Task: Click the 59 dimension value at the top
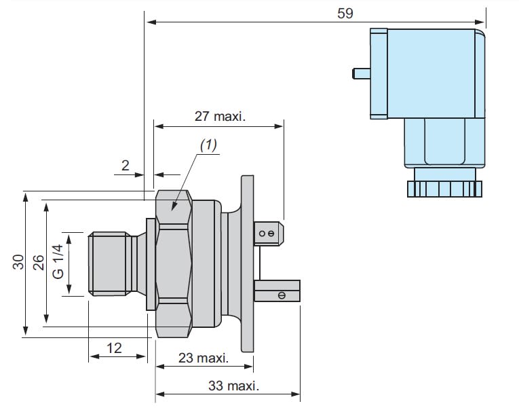[345, 13]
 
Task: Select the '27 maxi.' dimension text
[220, 115]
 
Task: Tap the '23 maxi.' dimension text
[203, 357]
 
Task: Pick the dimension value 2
[125, 165]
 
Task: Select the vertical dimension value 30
[18, 262]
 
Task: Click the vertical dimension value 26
[38, 262]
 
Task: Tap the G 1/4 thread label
[58, 261]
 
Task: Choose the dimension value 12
[114, 348]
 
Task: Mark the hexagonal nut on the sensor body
[174, 263]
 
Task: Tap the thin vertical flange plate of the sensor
[247, 263]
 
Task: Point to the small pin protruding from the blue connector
[360, 73]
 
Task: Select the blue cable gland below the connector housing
[441, 143]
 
